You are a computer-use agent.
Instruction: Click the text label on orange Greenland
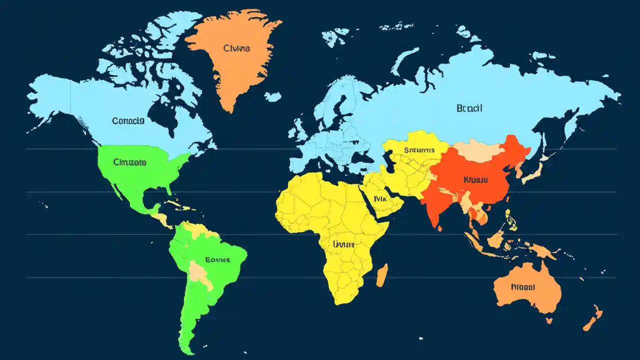click(236, 48)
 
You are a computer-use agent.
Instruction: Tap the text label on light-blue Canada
click(128, 120)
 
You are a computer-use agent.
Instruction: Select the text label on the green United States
click(129, 162)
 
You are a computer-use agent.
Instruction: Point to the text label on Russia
click(469, 108)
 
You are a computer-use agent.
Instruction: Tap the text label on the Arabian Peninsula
click(381, 198)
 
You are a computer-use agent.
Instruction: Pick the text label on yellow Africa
click(343, 244)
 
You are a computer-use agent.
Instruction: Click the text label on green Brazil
click(217, 259)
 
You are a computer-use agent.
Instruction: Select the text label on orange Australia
click(523, 287)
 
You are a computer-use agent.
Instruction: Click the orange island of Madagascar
click(382, 275)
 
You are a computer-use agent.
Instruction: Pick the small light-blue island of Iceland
click(272, 96)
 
